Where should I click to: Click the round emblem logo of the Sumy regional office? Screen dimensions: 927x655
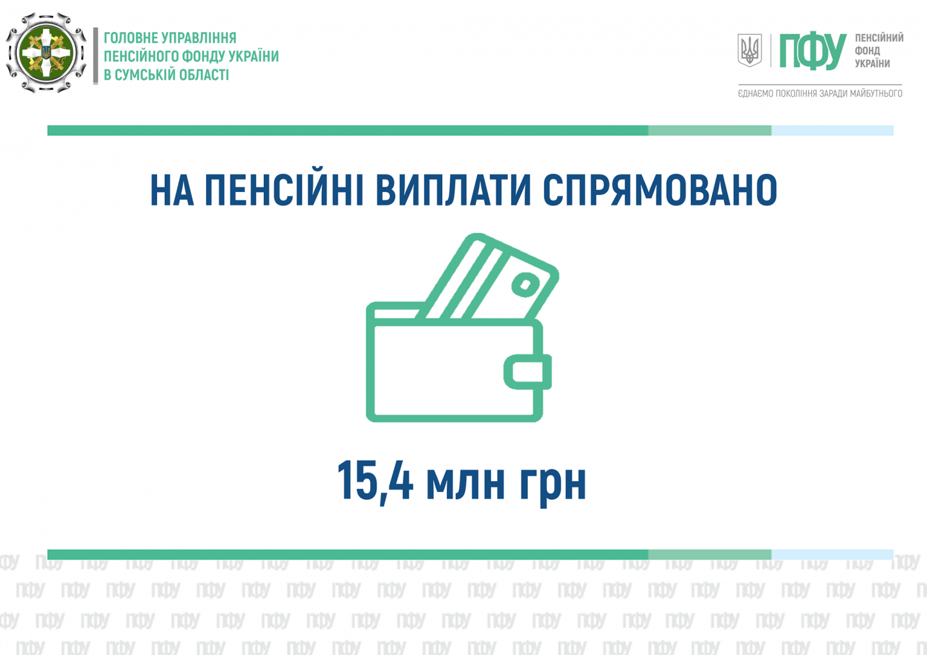(x=46, y=53)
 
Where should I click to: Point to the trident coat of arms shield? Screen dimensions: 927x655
(x=749, y=50)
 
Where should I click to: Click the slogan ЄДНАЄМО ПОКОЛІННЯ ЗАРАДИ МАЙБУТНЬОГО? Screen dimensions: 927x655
(x=820, y=93)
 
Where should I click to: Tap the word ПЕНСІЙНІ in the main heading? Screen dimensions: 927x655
(x=284, y=189)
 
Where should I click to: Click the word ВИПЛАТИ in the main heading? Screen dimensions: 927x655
(x=453, y=190)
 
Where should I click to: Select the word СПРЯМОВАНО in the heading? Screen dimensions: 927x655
(x=660, y=190)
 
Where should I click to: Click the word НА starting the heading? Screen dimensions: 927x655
(x=172, y=190)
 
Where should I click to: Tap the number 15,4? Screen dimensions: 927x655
(x=375, y=481)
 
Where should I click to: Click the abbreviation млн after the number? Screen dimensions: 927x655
(x=465, y=484)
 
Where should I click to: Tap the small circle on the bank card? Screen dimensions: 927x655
(x=525, y=285)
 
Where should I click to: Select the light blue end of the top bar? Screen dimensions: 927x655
(x=832, y=130)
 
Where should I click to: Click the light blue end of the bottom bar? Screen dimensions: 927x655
(x=832, y=555)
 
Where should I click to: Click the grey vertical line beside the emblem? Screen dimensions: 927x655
(x=95, y=56)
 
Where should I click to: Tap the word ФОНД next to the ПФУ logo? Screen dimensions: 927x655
(x=867, y=50)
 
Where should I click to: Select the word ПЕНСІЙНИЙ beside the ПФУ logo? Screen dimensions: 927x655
(x=879, y=37)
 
